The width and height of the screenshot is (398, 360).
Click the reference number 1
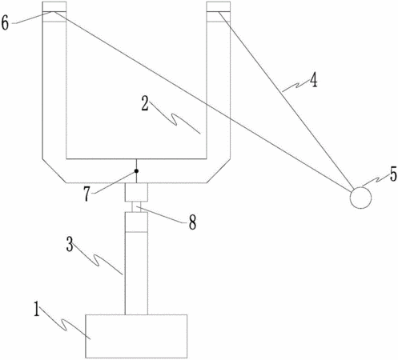tap(37, 309)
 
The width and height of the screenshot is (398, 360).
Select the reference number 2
tap(145, 104)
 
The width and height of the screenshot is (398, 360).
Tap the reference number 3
tap(70, 245)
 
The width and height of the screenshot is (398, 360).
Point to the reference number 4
tap(313, 80)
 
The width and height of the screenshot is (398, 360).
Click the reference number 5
tap(393, 174)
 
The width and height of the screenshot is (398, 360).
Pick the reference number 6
tap(5, 23)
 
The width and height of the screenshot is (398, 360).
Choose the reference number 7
tap(87, 194)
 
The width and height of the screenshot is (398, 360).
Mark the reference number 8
tap(192, 222)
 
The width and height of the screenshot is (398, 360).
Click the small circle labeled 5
tap(360, 198)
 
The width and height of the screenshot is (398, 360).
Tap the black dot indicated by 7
tap(136, 171)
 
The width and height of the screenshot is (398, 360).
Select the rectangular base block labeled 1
tap(136, 336)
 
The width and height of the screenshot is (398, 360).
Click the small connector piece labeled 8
tap(136, 207)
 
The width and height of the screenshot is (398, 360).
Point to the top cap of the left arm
tap(54, 6)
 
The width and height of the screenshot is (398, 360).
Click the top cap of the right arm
tap(219, 6)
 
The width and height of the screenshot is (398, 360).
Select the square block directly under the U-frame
tap(136, 192)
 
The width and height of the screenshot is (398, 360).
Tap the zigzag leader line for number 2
tap(175, 118)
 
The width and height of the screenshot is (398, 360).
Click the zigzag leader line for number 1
tap(66, 323)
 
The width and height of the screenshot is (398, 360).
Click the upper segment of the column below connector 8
tap(136, 222)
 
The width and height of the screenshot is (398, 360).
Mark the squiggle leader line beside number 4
tap(295, 86)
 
